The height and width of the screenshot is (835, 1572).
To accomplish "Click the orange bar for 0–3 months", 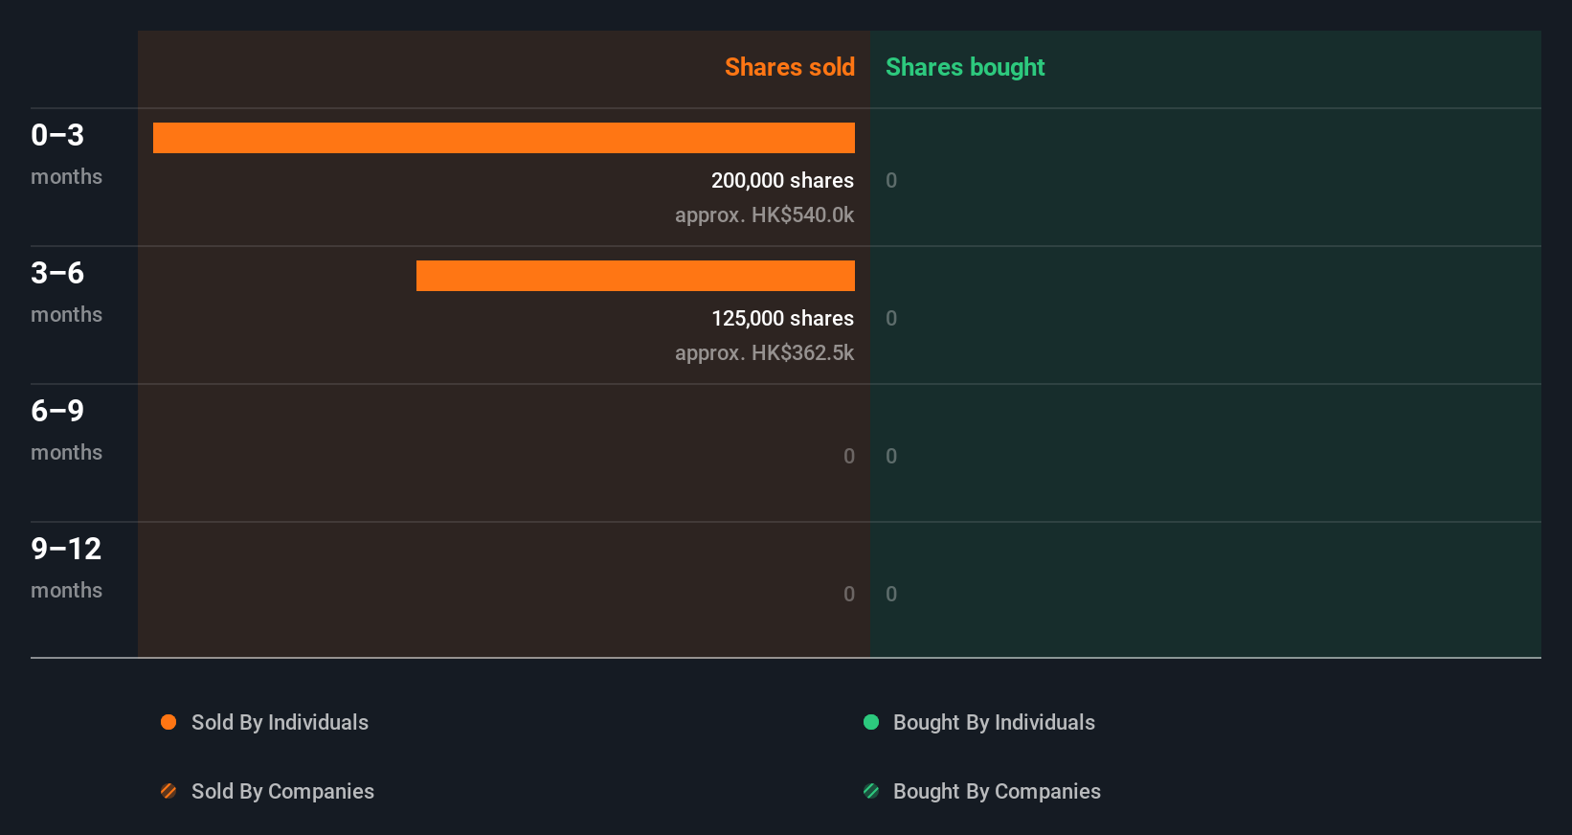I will (504, 138).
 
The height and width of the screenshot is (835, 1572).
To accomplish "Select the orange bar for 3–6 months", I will (635, 276).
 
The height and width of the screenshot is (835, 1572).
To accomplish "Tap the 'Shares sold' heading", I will (789, 67).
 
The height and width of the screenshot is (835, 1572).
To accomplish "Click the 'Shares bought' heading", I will (964, 67).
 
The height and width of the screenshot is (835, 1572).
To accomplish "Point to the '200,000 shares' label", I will (782, 180).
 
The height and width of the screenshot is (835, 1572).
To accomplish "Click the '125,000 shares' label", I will (782, 318).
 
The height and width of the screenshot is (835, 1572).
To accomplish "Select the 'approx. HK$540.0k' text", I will (764, 214).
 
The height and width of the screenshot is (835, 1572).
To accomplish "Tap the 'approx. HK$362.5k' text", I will (764, 352).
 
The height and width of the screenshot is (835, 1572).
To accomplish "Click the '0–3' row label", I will (57, 135).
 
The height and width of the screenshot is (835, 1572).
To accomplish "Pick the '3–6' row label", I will (57, 273).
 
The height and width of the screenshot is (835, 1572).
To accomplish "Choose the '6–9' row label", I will (57, 411).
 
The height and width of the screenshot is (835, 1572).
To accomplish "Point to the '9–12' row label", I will (66, 549).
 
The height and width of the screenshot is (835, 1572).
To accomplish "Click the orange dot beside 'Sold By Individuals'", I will (168, 722).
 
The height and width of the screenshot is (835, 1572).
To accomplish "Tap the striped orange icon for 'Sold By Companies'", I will (168, 791).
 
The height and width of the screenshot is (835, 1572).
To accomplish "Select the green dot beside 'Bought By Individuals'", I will (871, 722).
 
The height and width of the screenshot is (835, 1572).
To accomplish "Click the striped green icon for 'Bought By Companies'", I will (871, 791).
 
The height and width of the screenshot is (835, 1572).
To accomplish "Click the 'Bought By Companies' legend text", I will (997, 791).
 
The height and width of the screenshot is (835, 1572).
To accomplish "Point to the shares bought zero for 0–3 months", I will (891, 180).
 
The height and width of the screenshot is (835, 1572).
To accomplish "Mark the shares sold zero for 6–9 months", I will (849, 456).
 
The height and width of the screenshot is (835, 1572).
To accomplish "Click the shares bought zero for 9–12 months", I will (891, 594).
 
